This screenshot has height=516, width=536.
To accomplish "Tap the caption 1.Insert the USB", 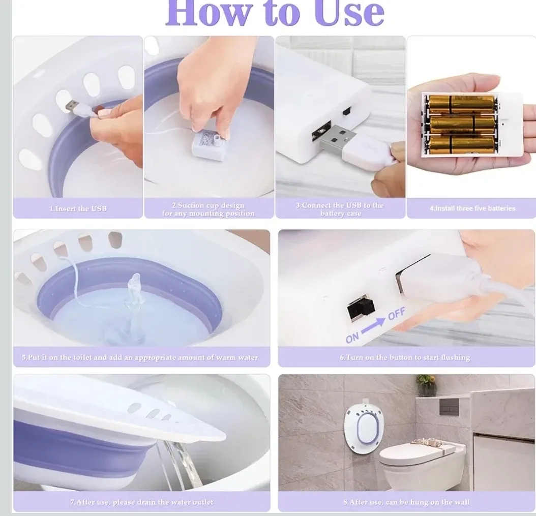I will (x=78, y=209).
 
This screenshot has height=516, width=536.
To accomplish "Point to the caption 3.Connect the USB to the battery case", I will (x=340, y=209).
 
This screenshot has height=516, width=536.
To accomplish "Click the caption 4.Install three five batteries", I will (x=472, y=208).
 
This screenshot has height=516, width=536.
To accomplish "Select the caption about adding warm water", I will (x=140, y=357).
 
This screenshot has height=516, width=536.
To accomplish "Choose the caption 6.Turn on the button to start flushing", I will (x=405, y=357).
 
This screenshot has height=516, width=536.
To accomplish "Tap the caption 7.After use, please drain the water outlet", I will (x=141, y=502).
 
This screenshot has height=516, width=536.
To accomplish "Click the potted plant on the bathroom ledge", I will (x=426, y=385).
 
